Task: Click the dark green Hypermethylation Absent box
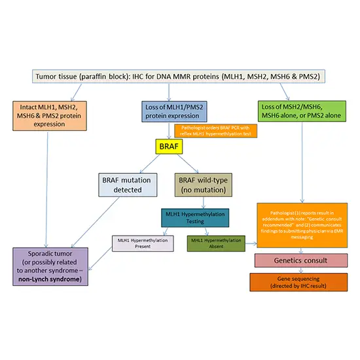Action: click(x=215, y=244)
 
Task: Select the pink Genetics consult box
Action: click(x=300, y=260)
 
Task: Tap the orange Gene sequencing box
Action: click(x=300, y=281)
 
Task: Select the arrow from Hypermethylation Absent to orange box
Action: click(x=250, y=245)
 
